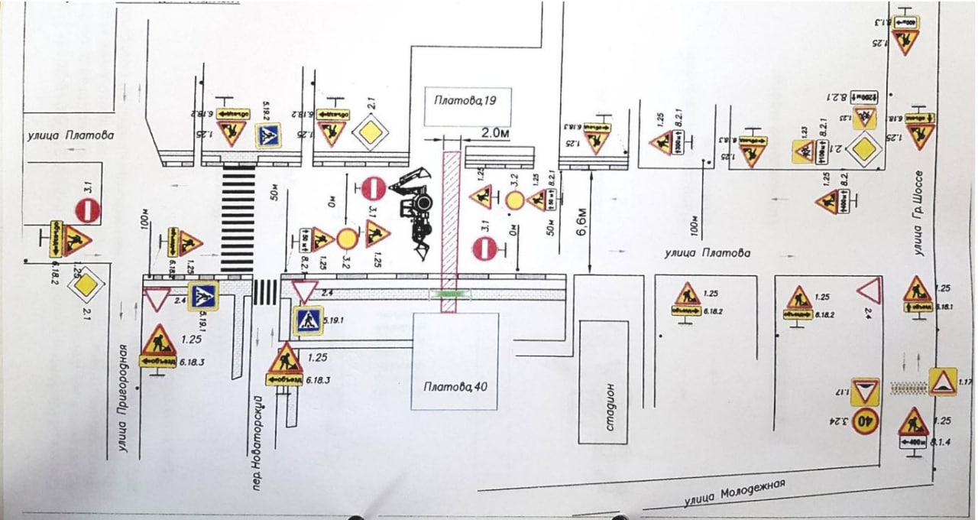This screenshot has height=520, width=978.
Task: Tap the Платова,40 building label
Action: click(455, 385)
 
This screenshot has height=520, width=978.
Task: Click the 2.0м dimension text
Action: click(494, 133)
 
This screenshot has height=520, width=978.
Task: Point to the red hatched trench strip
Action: click(451, 229)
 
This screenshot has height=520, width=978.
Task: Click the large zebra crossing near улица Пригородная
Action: click(238, 219)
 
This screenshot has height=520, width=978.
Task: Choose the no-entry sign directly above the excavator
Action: click(372, 188)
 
